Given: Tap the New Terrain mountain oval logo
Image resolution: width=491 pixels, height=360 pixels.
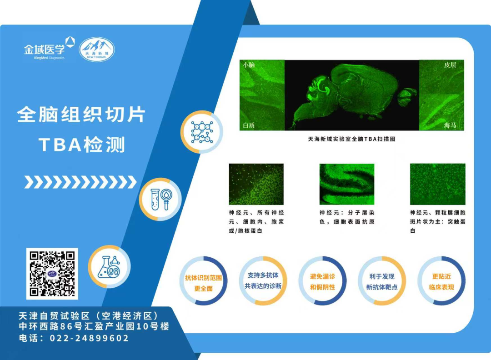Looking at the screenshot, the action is pyautogui.click(x=97, y=49).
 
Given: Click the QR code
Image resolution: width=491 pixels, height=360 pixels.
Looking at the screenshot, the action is pyautogui.click(x=52, y=274).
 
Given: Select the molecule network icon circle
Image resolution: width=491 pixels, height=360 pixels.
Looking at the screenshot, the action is pyautogui.click(x=202, y=132).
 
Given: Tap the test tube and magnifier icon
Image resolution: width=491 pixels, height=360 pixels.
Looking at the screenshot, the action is pyautogui.click(x=160, y=199).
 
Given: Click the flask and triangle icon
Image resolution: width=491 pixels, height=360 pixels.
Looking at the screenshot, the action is pyautogui.click(x=109, y=267).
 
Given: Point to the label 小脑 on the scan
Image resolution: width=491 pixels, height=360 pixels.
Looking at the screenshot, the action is pyautogui.click(x=249, y=65).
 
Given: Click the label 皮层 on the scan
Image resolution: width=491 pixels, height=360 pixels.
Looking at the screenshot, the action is pyautogui.click(x=450, y=65).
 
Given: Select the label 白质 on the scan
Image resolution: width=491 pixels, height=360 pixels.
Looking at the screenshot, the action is pyautogui.click(x=249, y=125).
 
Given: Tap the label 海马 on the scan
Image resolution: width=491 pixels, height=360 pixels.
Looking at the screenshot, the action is pyautogui.click(x=450, y=125).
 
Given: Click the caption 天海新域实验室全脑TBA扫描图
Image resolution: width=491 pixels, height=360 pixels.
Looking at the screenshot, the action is pyautogui.click(x=351, y=139).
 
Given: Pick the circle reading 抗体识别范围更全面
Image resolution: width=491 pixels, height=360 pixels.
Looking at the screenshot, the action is pyautogui.click(x=204, y=281).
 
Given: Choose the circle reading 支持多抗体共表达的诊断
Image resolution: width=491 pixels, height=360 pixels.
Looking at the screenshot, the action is pyautogui.click(x=263, y=281).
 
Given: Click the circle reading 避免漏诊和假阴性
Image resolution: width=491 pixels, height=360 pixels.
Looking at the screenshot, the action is pyautogui.click(x=322, y=281).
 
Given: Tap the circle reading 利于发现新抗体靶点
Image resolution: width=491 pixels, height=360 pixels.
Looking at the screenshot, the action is pyautogui.click(x=382, y=281).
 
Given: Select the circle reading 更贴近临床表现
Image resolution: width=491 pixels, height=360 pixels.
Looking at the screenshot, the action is pyautogui.click(x=441, y=281).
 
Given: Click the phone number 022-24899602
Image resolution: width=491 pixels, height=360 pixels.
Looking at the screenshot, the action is pyautogui.click(x=89, y=338).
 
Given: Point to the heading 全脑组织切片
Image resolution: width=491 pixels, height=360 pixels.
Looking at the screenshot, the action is pyautogui.click(x=81, y=114).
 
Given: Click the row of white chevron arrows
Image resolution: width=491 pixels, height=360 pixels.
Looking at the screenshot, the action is pyautogui.click(x=80, y=182).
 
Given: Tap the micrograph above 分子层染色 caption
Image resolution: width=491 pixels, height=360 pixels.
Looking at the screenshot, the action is pyautogui.click(x=346, y=184).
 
